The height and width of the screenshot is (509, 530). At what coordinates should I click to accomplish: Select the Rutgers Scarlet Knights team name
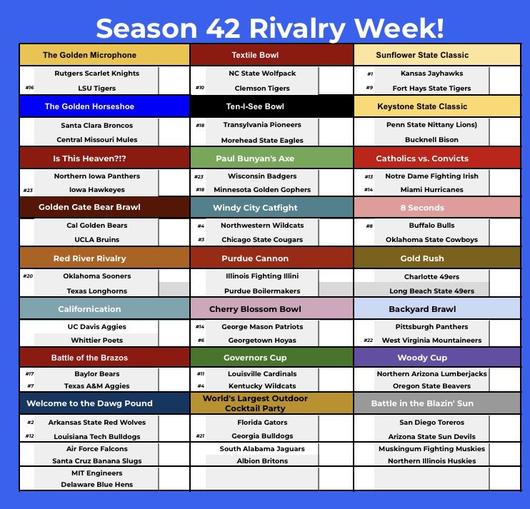pyautogui.click(x=96, y=73)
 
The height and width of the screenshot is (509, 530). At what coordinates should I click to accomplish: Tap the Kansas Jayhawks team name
pyautogui.click(x=431, y=74)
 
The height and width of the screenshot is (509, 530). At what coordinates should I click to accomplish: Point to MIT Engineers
pyautogui.click(x=96, y=473)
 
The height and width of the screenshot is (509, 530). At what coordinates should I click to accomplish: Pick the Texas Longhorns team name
pyautogui.click(x=96, y=291)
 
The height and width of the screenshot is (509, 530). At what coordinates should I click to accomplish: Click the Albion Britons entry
pyautogui.click(x=263, y=460)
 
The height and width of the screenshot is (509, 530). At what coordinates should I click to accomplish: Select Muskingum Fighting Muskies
pyautogui.click(x=431, y=449)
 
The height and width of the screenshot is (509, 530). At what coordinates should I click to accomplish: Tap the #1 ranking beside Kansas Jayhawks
pyautogui.click(x=369, y=74)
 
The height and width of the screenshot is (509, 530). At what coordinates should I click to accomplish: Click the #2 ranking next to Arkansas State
pyautogui.click(x=29, y=423)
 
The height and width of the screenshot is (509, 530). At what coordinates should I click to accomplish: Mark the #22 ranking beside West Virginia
pyautogui.click(x=369, y=341)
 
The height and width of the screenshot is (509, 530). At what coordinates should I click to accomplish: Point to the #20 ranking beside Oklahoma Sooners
pyautogui.click(x=29, y=276)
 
